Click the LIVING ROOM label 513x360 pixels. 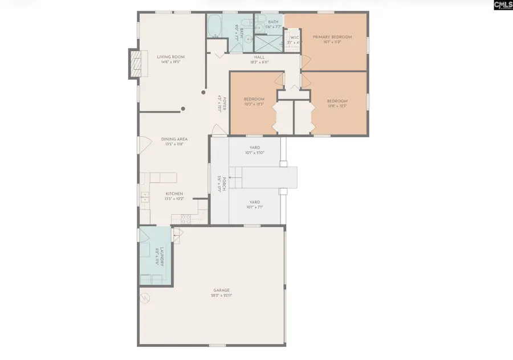[170, 57]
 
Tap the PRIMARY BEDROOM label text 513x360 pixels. [332, 37]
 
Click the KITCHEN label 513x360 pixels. [174, 194]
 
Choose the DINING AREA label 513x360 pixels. [174, 139]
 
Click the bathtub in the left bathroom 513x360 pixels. [216, 26]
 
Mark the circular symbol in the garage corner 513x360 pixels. [145, 297]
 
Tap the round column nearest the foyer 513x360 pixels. [204, 92]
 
